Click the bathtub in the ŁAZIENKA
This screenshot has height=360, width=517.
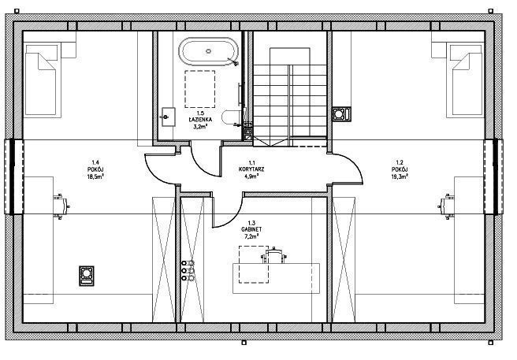coord(208,51)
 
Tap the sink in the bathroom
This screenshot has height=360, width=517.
coord(168,117)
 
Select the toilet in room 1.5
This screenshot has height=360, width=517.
coord(231,117)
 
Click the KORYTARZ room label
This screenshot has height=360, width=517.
coord(251,169)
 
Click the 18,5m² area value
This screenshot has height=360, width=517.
coord(95,176)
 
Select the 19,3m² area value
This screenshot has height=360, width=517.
coord(400,176)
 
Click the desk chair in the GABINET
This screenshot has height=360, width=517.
coord(273,255)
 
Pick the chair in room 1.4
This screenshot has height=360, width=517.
coord(61,206)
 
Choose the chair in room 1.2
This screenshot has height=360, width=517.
coord(446,206)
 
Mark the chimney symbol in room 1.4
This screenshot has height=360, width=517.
coord(87,276)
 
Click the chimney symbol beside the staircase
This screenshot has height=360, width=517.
coord(341,113)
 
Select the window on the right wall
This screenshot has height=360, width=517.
coord(495,176)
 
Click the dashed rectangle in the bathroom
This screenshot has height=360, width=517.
coord(200,89)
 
